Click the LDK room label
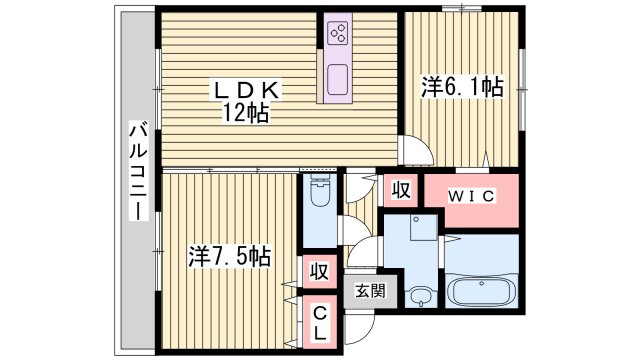click(x=248, y=91)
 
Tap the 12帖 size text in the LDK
click(x=246, y=112)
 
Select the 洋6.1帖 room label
click(x=461, y=88)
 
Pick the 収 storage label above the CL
click(x=319, y=270)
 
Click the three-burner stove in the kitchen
click(x=337, y=35)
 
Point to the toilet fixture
click(x=320, y=200)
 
